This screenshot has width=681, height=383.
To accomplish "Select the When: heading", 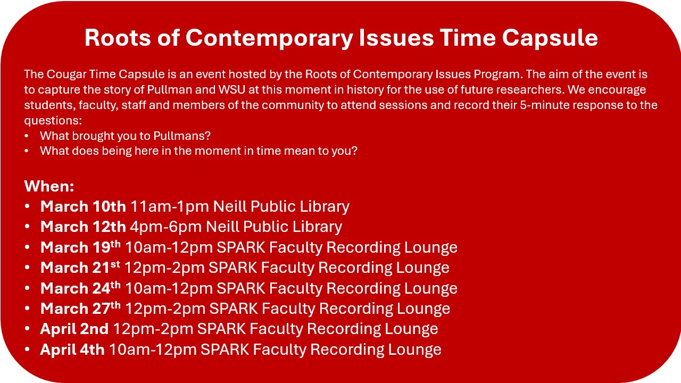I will tap(49, 186).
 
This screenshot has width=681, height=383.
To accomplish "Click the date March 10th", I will tap(83, 206).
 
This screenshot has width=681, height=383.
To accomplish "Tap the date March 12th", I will tap(83, 227).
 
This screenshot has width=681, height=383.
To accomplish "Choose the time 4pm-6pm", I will tap(165, 227).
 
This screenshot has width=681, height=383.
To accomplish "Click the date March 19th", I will tap(80, 247).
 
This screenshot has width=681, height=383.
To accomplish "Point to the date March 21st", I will tap(80, 268).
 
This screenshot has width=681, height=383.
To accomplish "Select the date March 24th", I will tap(80, 288).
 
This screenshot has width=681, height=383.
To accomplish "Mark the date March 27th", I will tap(80, 309).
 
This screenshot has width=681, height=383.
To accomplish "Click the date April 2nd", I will tap(74, 329).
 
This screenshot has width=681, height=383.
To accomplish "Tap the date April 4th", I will tap(72, 349).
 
